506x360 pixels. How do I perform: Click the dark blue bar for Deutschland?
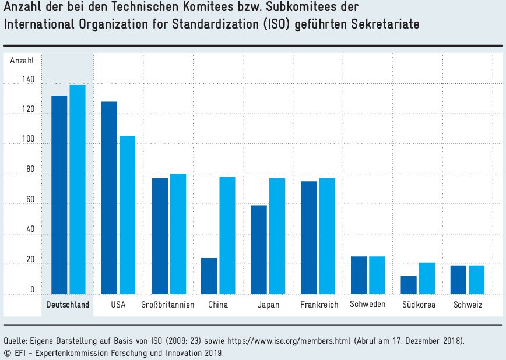point(59,195)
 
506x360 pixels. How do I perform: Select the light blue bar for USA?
point(127,216)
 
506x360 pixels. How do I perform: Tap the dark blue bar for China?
point(209,276)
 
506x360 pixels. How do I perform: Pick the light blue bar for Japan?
point(277,237)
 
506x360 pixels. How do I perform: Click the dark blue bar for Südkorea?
point(409,285)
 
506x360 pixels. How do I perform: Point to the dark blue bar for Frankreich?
point(308,238)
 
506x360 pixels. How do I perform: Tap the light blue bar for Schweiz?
point(476,280)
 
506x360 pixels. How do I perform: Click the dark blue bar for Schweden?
point(359,276)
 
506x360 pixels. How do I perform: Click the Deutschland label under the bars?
point(68,305)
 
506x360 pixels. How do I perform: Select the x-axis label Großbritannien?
point(168,305)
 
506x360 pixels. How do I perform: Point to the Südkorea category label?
point(418,305)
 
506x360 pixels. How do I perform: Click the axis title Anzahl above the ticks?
point(22,60)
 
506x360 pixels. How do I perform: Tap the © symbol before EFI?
point(6,352)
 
